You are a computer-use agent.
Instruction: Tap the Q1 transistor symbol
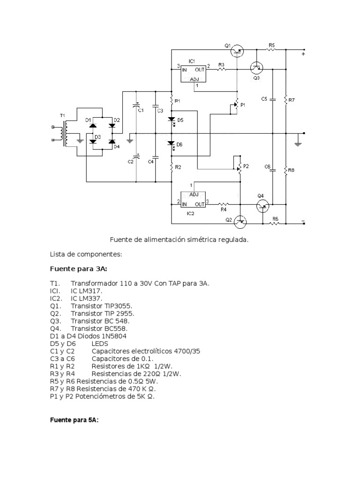click(x=238, y=50)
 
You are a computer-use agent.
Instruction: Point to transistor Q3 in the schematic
click(x=256, y=68)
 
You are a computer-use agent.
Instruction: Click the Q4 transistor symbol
click(x=262, y=204)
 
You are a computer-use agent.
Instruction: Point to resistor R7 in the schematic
click(x=285, y=99)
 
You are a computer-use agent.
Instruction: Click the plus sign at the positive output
click(x=303, y=54)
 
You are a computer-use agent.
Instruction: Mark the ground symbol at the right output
click(x=297, y=142)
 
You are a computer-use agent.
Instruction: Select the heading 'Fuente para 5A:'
click(x=74, y=420)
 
